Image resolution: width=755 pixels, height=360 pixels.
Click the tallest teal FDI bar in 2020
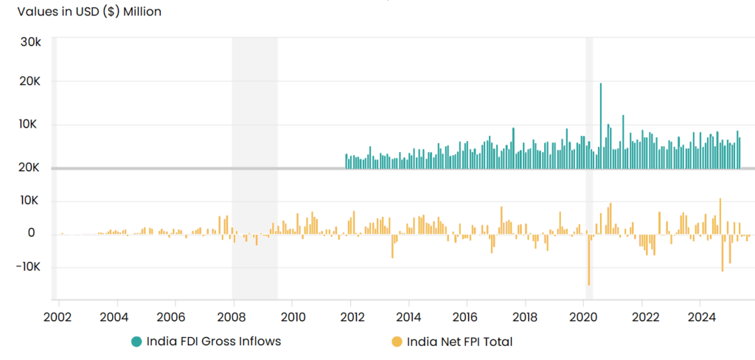click(601, 125)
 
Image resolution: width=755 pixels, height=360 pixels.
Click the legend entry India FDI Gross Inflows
click(214, 341)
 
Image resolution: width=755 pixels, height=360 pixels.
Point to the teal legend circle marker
click(137, 341)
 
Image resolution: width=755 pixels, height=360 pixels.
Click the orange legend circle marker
click(397, 341)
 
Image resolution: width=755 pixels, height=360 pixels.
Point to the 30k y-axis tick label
click(30, 42)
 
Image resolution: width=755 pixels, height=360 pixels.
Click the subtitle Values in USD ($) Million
click(88, 11)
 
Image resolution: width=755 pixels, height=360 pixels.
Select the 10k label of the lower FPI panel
click(30, 201)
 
